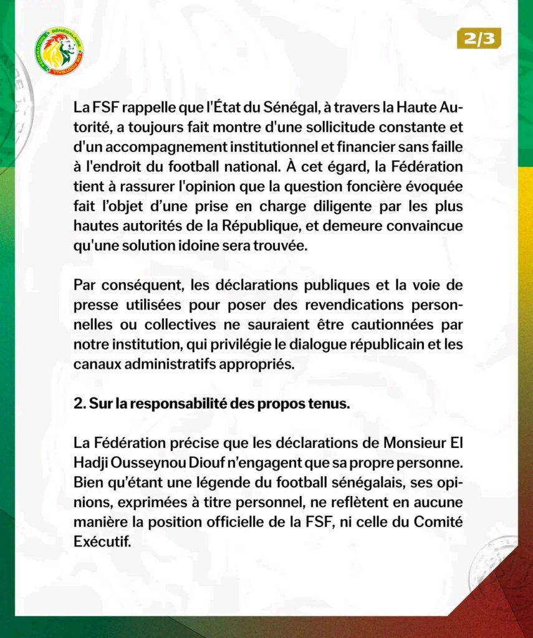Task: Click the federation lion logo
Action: (60, 52)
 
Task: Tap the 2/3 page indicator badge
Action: (478, 39)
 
